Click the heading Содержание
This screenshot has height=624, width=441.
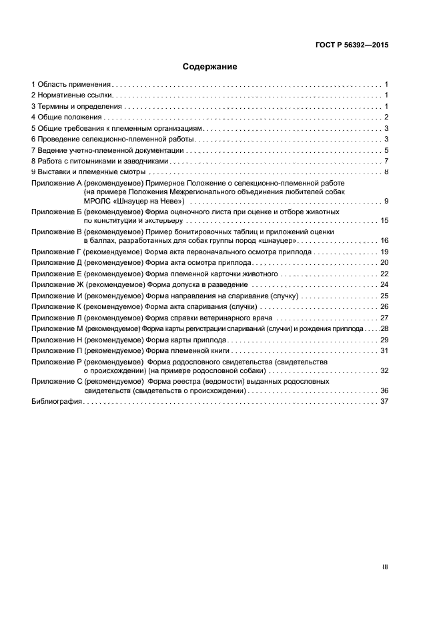(x=210, y=67)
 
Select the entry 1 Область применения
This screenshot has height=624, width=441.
(x=71, y=85)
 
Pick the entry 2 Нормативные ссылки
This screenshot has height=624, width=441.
(x=71, y=95)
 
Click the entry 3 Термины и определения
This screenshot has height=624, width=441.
(x=77, y=107)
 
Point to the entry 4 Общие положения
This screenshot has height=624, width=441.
(x=67, y=117)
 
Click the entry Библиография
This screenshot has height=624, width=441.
(x=57, y=402)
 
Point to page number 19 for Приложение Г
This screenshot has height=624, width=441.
(x=384, y=252)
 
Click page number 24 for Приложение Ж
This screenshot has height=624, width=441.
(x=384, y=284)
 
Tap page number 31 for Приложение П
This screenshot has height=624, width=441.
(x=384, y=350)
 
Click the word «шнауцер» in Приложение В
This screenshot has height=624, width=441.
(x=276, y=240)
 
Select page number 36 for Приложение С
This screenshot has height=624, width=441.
(x=384, y=390)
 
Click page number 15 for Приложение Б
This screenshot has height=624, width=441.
(x=384, y=220)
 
